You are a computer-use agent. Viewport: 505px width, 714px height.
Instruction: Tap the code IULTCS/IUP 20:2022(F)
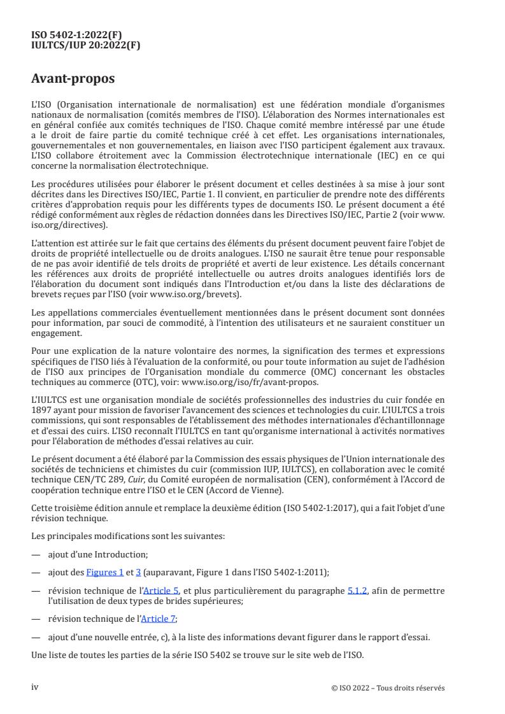click(x=85, y=45)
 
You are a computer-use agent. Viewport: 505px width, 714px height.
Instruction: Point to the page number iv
click(x=35, y=687)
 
